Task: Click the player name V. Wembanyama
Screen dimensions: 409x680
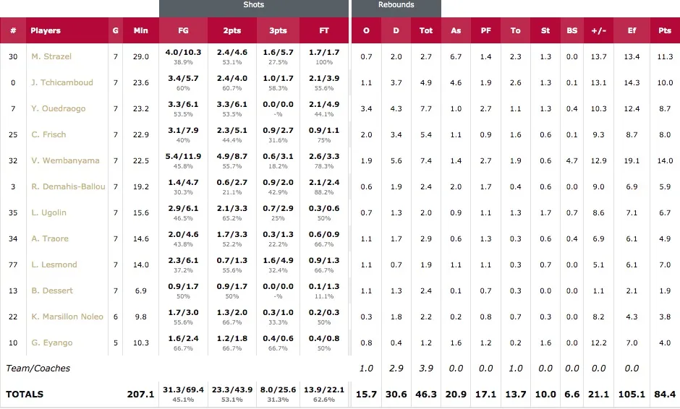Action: click(x=65, y=160)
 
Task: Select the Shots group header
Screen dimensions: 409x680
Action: click(x=253, y=5)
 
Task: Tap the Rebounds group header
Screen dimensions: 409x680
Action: click(x=396, y=5)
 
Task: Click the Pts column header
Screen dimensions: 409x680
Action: click(x=664, y=31)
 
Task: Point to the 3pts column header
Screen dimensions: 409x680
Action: click(x=277, y=31)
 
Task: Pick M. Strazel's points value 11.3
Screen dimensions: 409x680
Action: click(x=664, y=56)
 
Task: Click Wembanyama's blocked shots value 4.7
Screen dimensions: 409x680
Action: click(x=572, y=160)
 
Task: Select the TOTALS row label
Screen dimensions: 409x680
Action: click(x=25, y=395)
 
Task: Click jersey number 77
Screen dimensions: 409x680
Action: click(x=13, y=264)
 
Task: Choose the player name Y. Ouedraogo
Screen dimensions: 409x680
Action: click(x=58, y=108)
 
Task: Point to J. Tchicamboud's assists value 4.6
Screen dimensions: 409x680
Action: click(x=456, y=82)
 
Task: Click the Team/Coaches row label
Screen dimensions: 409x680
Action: click(x=38, y=369)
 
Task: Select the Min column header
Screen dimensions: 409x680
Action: click(x=141, y=31)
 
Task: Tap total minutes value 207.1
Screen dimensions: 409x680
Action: click(x=141, y=395)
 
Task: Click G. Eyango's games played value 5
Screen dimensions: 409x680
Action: click(x=116, y=343)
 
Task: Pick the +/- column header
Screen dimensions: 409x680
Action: click(x=598, y=31)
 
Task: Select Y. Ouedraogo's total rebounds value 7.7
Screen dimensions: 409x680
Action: click(x=426, y=108)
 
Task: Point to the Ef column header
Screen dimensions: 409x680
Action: click(x=631, y=31)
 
